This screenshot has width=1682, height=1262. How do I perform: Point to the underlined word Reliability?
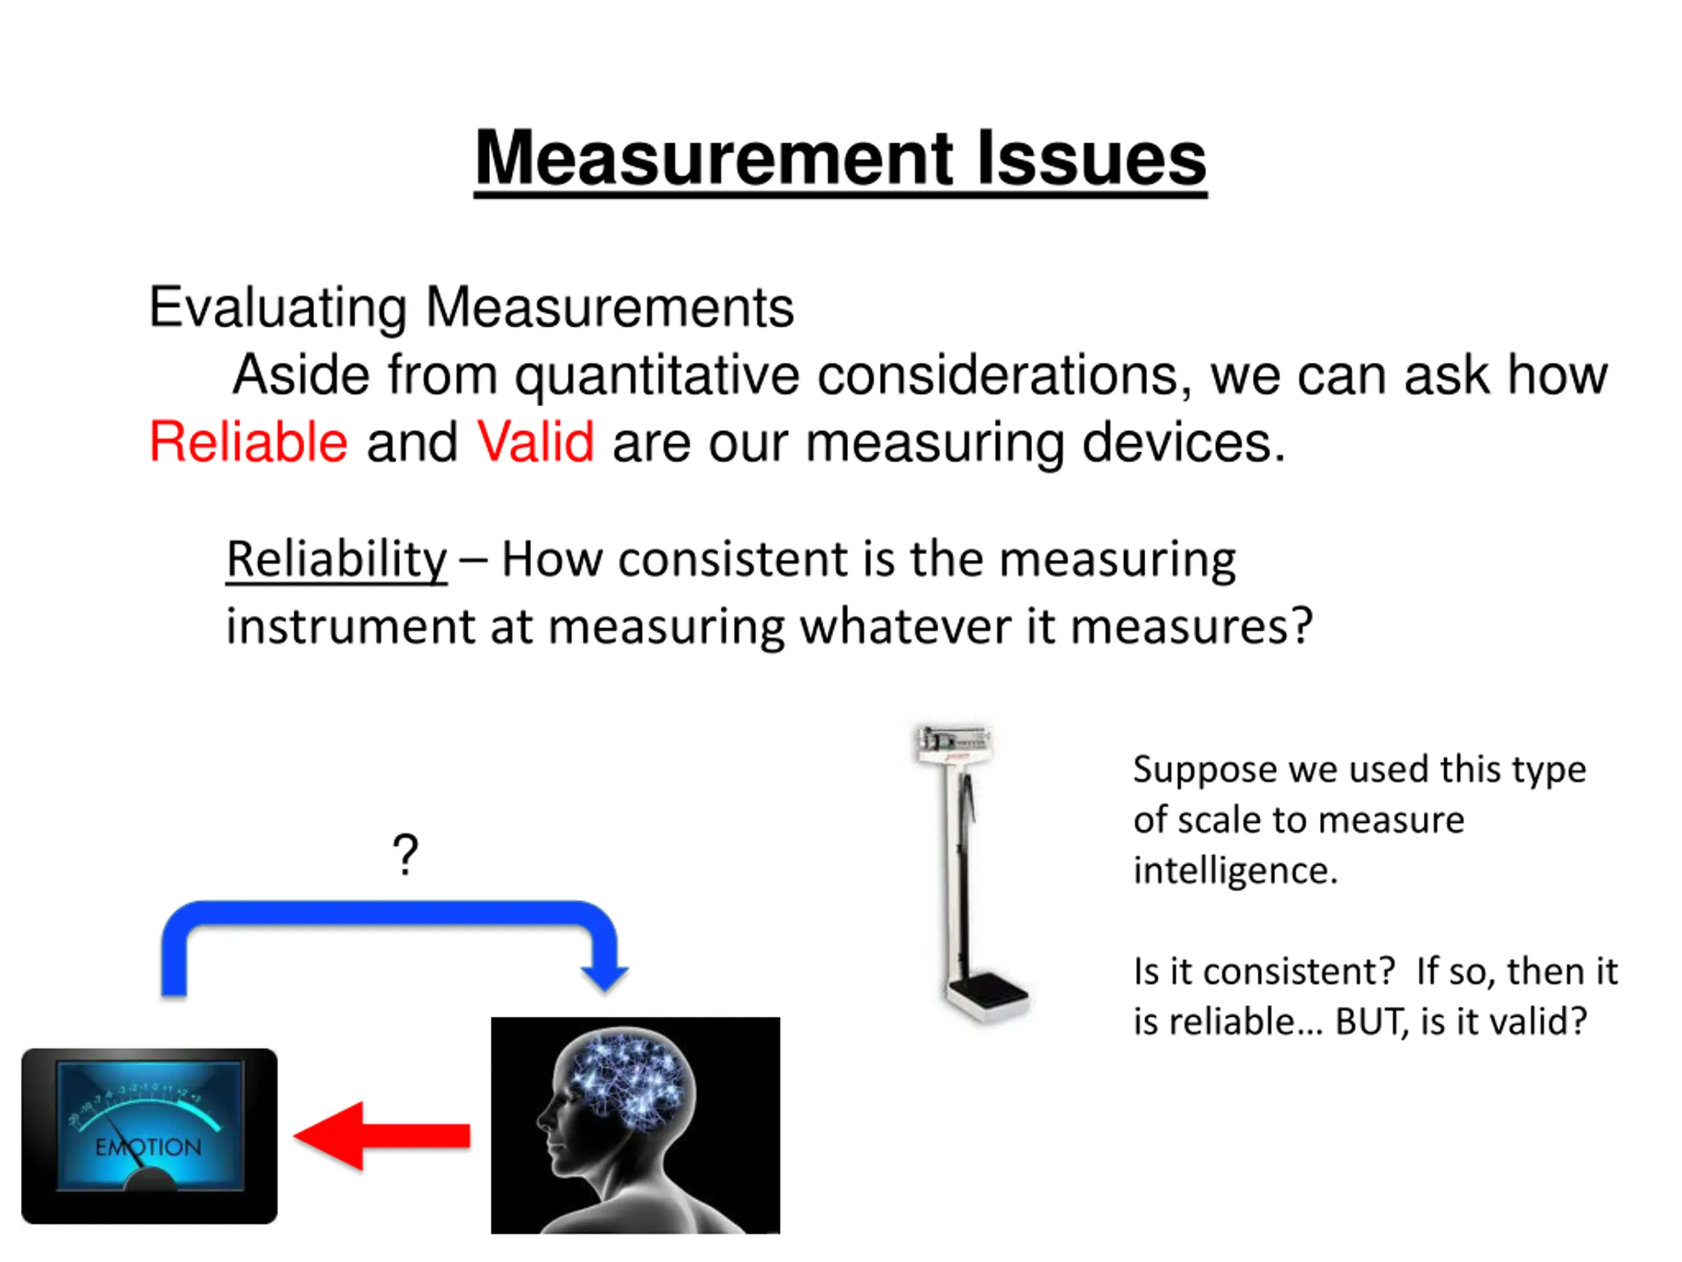(336, 560)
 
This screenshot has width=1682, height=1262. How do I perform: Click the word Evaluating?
(277, 308)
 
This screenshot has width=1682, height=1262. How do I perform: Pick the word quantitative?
(657, 376)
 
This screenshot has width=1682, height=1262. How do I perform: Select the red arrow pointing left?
(380, 1136)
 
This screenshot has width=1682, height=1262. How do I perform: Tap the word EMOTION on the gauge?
(148, 1146)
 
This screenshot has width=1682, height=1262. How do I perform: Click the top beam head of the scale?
(953, 741)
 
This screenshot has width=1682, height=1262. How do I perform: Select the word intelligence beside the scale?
(1234, 871)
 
